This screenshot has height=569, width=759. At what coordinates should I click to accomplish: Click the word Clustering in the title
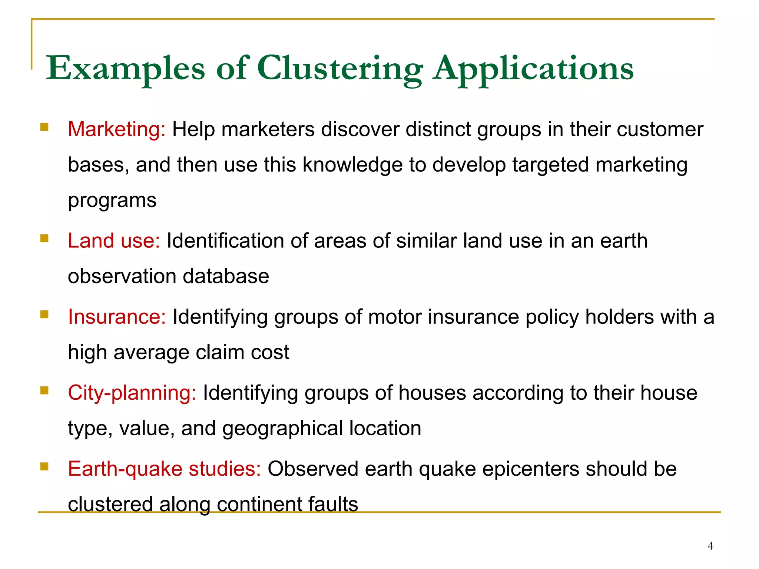point(340,69)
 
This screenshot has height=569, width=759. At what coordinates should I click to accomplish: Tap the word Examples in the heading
point(125,69)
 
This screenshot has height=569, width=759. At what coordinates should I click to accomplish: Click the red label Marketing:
point(117,130)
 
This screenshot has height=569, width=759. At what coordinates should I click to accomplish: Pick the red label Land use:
point(114,241)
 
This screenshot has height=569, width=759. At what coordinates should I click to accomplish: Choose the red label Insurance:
point(117,317)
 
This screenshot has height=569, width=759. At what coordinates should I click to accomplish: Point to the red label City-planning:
point(132,393)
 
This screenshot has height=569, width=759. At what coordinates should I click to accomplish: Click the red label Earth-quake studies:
point(165,469)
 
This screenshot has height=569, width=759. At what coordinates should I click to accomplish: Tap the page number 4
point(710,546)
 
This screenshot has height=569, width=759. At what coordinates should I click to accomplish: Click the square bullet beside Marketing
point(44,127)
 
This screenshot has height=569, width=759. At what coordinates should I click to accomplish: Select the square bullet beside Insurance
point(44,315)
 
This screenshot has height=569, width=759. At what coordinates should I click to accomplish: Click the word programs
point(112,201)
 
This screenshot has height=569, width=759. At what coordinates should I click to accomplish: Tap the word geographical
point(283,429)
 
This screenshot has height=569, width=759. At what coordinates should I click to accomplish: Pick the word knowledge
point(352,165)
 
